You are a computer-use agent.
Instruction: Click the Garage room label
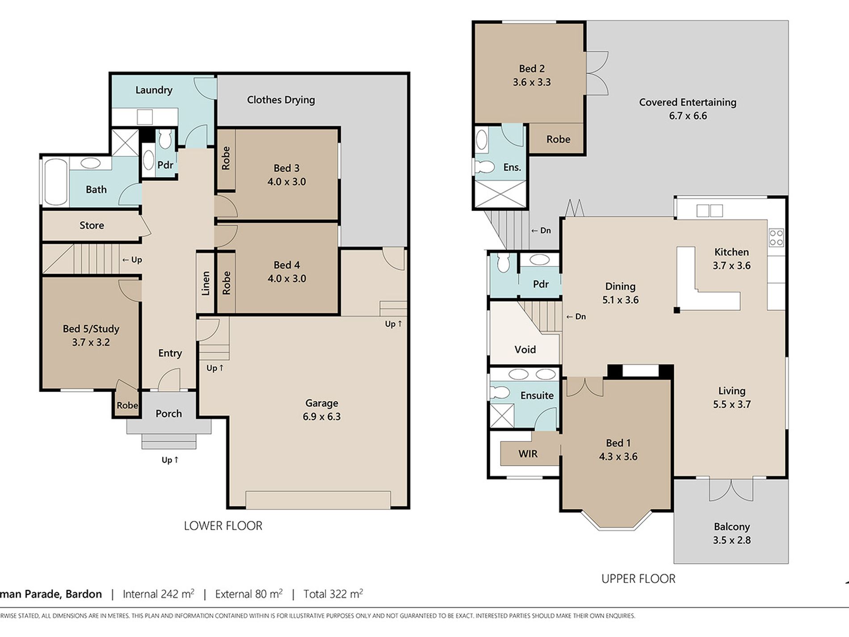[322, 403]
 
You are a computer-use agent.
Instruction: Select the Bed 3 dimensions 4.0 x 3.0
[287, 181]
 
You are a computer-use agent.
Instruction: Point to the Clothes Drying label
[281, 100]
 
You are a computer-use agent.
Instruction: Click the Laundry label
[154, 90]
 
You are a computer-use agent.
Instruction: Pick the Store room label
[92, 225]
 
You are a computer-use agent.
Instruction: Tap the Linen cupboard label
[206, 283]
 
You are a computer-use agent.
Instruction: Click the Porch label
[169, 413]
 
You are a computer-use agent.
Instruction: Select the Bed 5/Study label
[91, 329]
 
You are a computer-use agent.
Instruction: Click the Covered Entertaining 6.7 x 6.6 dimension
[688, 116]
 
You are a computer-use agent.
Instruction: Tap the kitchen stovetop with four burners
[777, 237]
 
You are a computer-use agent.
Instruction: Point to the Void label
[525, 350]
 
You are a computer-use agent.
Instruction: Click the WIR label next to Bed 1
[528, 454]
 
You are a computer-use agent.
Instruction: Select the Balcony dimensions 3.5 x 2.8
[732, 540]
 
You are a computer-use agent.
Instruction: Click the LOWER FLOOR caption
[223, 526]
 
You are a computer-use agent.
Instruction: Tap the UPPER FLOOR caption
[639, 579]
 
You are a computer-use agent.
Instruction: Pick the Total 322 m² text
[333, 594]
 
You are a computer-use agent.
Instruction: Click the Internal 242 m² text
[159, 594]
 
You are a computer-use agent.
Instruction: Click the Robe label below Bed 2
[558, 139]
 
